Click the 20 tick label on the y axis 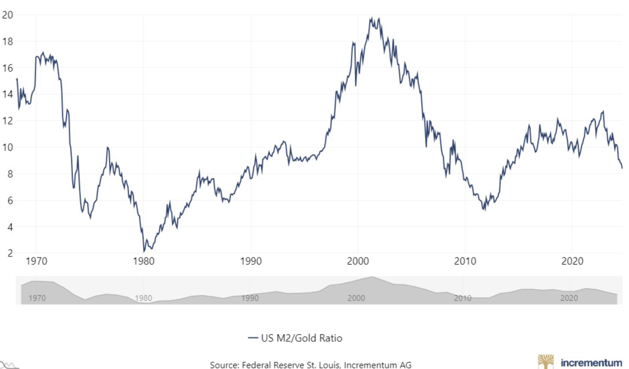[7, 15]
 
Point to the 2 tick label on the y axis [9, 253]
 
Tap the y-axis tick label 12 [7, 121]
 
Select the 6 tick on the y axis [9, 200]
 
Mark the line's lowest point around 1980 [144, 251]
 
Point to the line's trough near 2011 [484, 210]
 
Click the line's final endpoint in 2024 [622, 168]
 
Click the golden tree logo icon [546, 361]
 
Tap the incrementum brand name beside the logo [591, 362]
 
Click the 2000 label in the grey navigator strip [356, 298]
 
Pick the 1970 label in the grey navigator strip [37, 298]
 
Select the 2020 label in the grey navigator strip [568, 298]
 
